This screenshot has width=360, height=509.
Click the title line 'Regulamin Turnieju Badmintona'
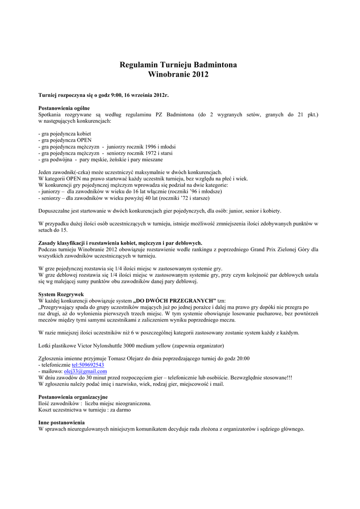point(179,65)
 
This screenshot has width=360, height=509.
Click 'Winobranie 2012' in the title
point(179,75)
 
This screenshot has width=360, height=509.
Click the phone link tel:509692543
point(88,365)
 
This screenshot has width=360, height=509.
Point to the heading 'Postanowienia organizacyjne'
point(73,397)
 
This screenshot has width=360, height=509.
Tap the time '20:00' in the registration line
point(242,358)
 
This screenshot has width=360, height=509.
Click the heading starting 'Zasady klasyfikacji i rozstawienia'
point(120,243)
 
